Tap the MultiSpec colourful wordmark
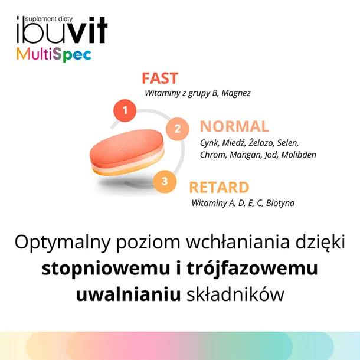click(54, 55)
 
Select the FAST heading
click(159, 78)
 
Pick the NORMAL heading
click(234, 126)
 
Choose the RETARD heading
click(219, 188)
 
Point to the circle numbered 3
click(164, 181)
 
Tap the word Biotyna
click(280, 203)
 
